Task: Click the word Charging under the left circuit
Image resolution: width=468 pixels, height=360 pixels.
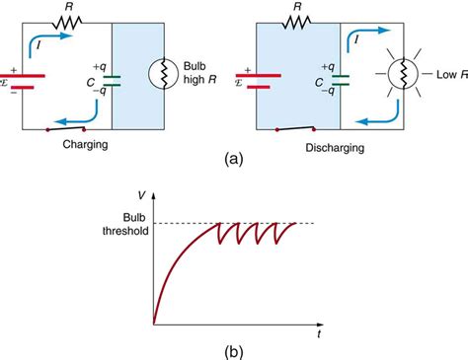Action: pos(79,144)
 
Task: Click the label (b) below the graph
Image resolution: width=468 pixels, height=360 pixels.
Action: pos(233,348)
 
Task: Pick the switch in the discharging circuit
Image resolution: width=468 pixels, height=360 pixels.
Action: pos(294,128)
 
